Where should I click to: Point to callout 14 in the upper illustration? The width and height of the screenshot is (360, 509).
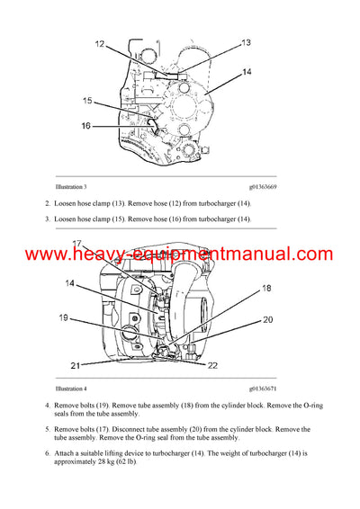(247, 72)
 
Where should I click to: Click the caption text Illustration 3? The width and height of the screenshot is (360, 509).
(72, 185)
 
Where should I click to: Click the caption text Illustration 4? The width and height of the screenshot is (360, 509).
(72, 388)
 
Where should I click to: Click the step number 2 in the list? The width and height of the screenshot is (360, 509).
(48, 204)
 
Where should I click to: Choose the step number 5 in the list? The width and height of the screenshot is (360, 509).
(48, 430)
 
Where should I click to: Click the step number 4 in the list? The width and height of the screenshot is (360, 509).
(48, 406)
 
